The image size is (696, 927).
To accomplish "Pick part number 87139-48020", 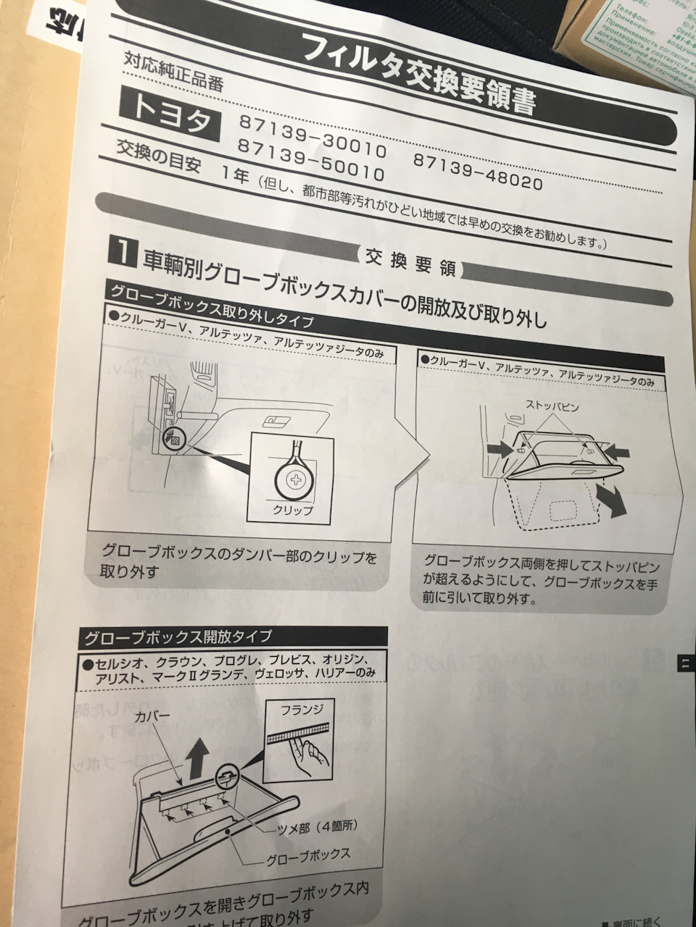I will [478, 171].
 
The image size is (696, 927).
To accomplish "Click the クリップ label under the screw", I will [293, 509].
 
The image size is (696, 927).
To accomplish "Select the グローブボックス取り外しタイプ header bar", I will [211, 305].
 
